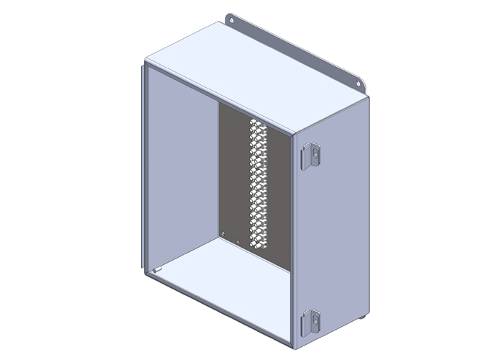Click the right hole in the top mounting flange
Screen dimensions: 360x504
click(x=358, y=84)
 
